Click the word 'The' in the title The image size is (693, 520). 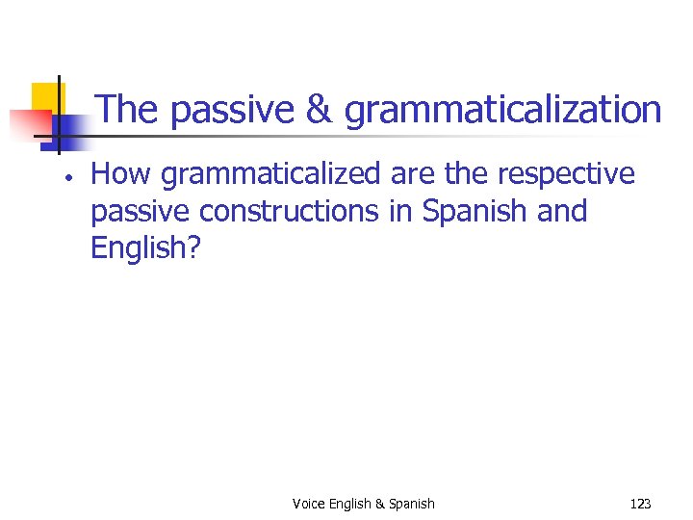tap(128, 110)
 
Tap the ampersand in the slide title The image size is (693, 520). tap(319, 110)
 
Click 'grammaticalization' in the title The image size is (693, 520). tap(502, 112)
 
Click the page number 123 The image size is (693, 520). tap(640, 504)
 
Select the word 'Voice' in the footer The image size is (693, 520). tap(309, 504)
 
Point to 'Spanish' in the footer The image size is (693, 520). tap(412, 504)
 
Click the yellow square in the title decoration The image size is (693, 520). tap(47, 97)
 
